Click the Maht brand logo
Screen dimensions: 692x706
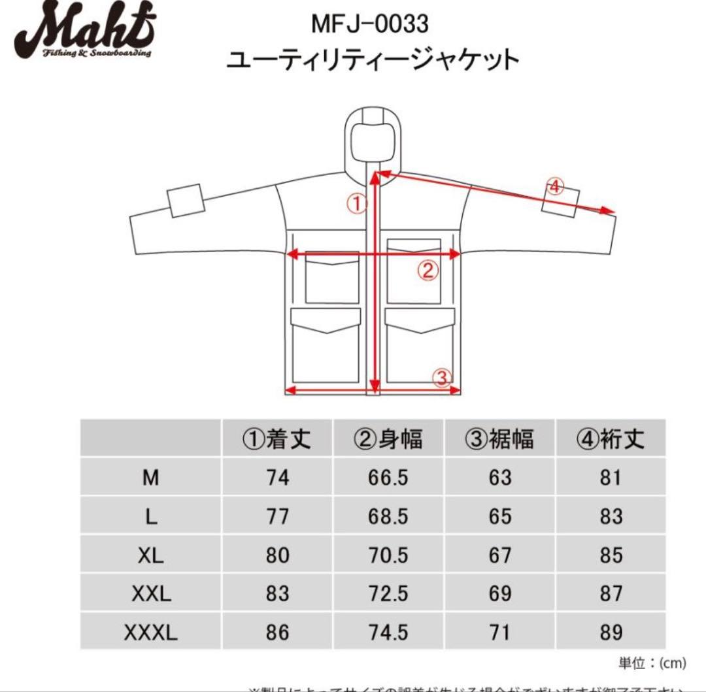(x=86, y=33)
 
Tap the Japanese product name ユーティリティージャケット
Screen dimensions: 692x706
(x=372, y=60)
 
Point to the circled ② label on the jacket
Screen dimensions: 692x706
(x=428, y=270)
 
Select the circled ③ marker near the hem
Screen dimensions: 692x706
(x=442, y=376)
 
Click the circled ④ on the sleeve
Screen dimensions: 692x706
(x=554, y=187)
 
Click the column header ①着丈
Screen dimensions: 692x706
(x=277, y=438)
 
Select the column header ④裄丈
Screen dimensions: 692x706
(x=610, y=438)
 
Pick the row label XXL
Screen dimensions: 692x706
(x=151, y=594)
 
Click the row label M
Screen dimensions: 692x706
(x=151, y=478)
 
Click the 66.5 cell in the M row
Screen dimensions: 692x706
(x=388, y=478)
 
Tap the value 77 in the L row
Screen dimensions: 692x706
(x=277, y=517)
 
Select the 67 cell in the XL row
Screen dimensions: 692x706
(x=499, y=555)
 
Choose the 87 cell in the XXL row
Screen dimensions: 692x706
(x=610, y=594)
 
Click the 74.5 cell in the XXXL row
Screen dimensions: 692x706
(x=388, y=633)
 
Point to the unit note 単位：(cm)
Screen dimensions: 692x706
(x=652, y=663)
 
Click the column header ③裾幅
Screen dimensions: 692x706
(x=499, y=438)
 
